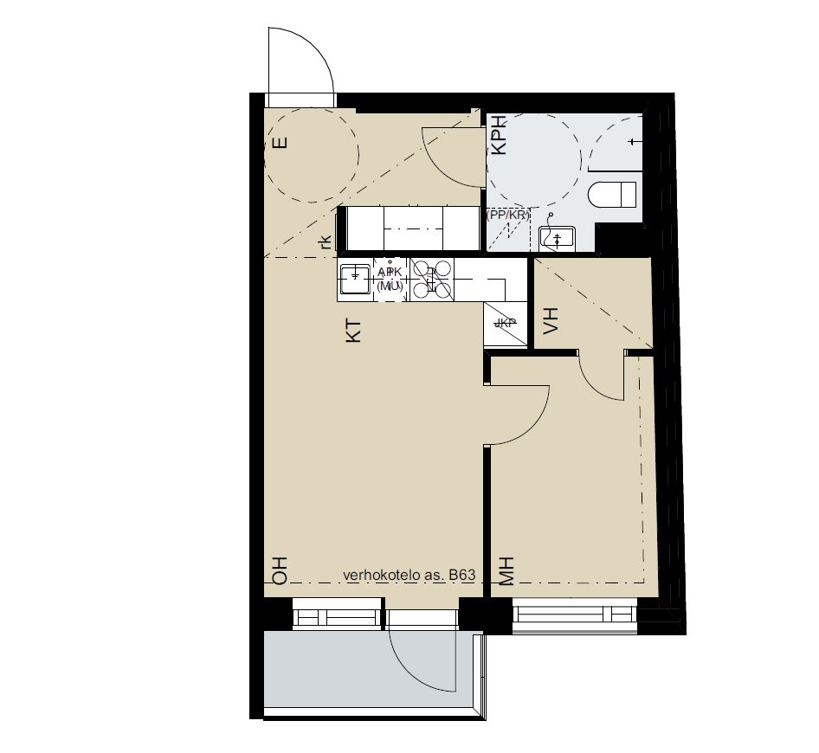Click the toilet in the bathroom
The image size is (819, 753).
click(x=614, y=195)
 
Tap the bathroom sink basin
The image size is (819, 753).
click(x=556, y=236)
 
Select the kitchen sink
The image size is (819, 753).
click(x=355, y=279)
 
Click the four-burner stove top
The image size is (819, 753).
click(x=431, y=280)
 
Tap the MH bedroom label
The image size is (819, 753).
click(x=506, y=572)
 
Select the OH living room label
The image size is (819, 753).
click(x=279, y=572)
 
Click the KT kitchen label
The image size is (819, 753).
click(x=353, y=331)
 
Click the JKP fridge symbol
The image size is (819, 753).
click(x=505, y=324)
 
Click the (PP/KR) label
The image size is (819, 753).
click(x=508, y=214)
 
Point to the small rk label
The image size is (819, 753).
click(x=325, y=243)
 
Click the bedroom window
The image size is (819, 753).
click(x=576, y=615)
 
